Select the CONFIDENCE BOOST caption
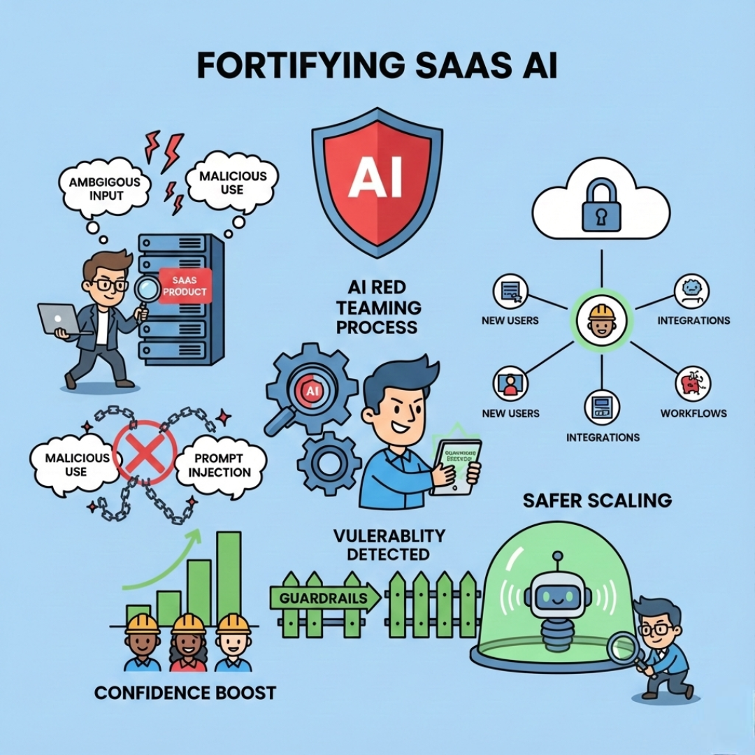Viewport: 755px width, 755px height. [185, 693]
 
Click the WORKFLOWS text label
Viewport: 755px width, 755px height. [693, 413]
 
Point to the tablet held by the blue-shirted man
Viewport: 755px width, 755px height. [455, 466]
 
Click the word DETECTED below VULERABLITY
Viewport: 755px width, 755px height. [389, 554]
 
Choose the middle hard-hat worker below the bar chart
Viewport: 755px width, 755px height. [187, 641]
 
